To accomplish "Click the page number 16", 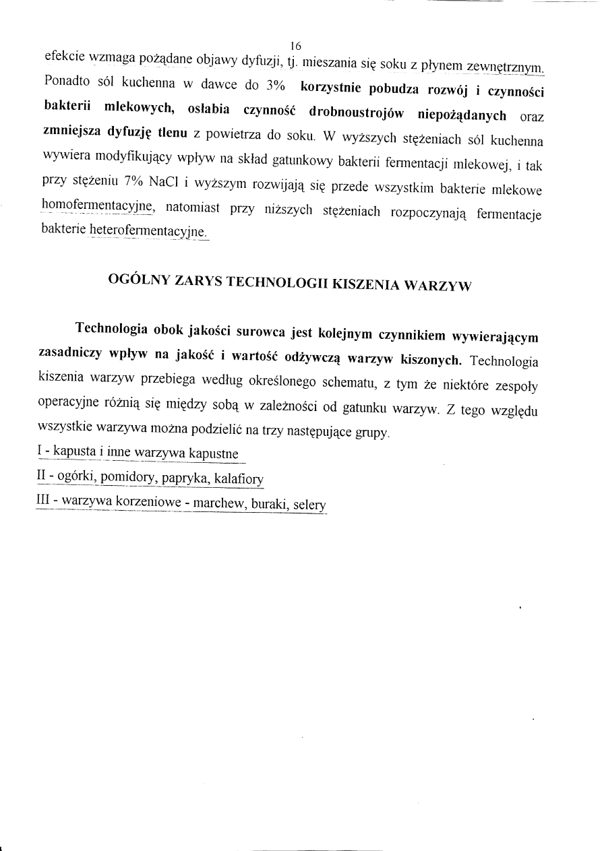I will click(x=295, y=46).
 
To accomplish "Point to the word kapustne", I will click(x=214, y=453).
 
